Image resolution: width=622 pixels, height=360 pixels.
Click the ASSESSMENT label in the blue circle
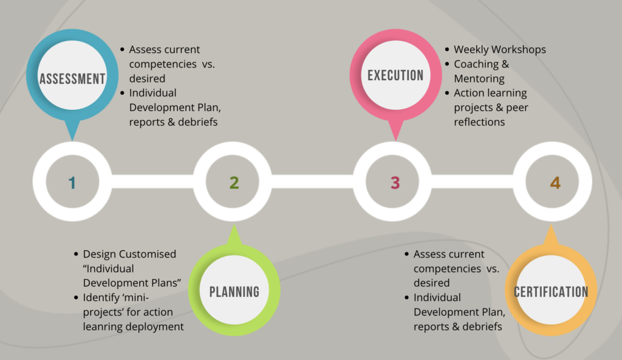72,78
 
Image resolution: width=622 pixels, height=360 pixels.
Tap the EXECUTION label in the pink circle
395,75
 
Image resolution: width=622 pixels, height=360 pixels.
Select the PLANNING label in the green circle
234,292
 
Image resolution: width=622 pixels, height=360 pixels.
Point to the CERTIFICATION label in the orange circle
551,292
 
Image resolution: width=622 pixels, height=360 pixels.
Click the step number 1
72,183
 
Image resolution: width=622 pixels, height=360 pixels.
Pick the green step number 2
234,183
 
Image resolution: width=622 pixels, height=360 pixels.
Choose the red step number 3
395,183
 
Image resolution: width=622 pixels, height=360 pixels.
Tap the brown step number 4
555,183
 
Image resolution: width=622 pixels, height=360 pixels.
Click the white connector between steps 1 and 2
152,181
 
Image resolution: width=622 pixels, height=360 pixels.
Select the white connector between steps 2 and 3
313,181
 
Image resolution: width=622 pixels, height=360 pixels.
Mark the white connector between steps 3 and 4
473,181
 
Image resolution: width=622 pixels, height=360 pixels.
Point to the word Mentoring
479,79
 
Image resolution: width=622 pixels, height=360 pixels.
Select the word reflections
479,122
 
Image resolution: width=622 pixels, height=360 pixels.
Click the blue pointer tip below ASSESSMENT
72,140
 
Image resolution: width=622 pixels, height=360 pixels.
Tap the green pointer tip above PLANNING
234,225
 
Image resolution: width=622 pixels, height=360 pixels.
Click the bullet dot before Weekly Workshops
447,50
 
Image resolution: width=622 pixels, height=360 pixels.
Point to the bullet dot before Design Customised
76,254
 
